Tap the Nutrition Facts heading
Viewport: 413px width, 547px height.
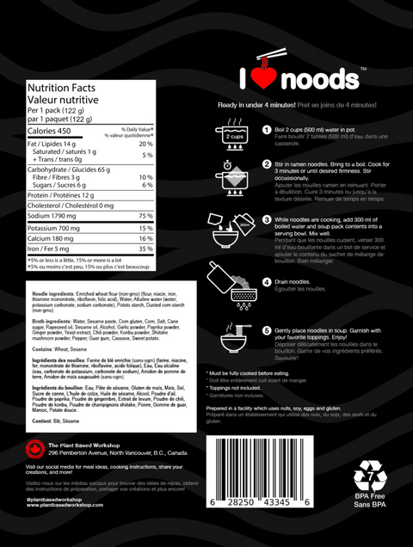coord(59,88)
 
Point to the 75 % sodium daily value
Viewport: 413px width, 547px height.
coord(145,216)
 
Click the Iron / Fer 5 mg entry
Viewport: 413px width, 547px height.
coord(51,249)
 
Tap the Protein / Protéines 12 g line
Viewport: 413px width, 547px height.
coord(65,194)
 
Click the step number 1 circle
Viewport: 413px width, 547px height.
coord(267,129)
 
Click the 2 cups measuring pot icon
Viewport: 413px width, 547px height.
coord(232,134)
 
